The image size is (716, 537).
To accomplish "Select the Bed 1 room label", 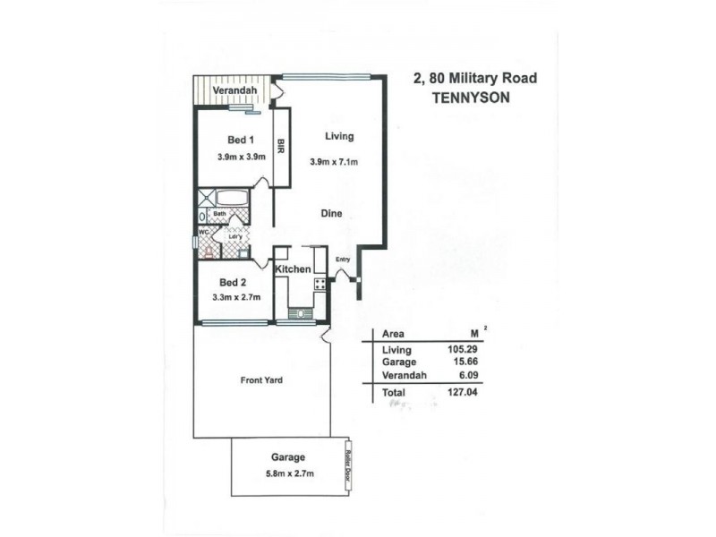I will pyautogui.click(x=241, y=140).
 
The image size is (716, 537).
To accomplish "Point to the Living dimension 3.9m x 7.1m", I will pyautogui.click(x=333, y=162).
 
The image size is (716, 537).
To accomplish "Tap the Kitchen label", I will pyautogui.click(x=293, y=269).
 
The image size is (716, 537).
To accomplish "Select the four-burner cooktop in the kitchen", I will pyautogui.click(x=320, y=286).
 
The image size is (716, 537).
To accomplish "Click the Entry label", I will pyautogui.click(x=343, y=260).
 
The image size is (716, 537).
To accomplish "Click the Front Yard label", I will pyautogui.click(x=261, y=380).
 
